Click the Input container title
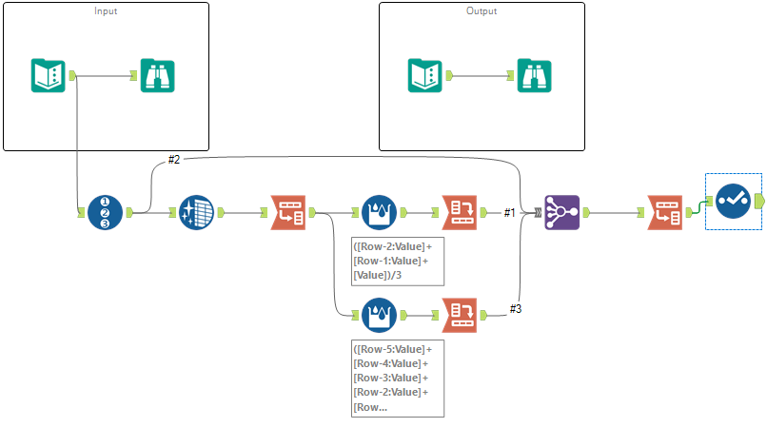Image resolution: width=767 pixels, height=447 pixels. pyautogui.click(x=106, y=11)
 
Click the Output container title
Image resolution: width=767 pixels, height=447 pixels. pyautogui.click(x=481, y=11)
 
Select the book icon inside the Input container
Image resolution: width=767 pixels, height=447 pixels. pyautogui.click(x=48, y=75)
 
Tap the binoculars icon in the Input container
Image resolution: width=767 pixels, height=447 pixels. pyautogui.click(x=157, y=75)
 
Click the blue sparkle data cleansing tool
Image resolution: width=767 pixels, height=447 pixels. pyautogui.click(x=196, y=212)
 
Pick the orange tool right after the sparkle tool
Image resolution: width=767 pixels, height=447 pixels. pyautogui.click(x=287, y=212)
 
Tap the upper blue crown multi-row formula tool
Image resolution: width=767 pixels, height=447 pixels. pyautogui.click(x=379, y=212)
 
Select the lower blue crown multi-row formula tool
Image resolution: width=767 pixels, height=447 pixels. pyautogui.click(x=379, y=314)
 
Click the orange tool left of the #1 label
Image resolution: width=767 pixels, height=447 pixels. pyautogui.click(x=459, y=212)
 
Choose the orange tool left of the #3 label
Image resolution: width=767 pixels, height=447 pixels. pyautogui.click(x=459, y=314)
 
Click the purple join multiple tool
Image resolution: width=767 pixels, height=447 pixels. pyautogui.click(x=560, y=212)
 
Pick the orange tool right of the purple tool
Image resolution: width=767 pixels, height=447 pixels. pyautogui.click(x=663, y=212)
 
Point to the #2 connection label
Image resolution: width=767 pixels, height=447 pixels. pyautogui.click(x=174, y=160)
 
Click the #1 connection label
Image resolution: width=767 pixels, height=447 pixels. pyautogui.click(x=510, y=212)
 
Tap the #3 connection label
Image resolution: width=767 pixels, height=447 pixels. pyautogui.click(x=516, y=308)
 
